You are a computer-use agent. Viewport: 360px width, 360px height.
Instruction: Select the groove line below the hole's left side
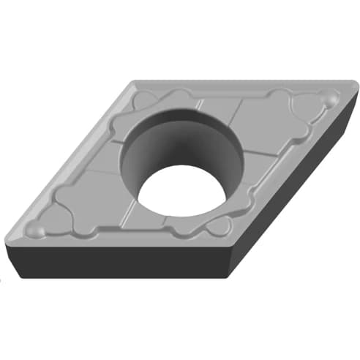[x=132, y=212]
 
